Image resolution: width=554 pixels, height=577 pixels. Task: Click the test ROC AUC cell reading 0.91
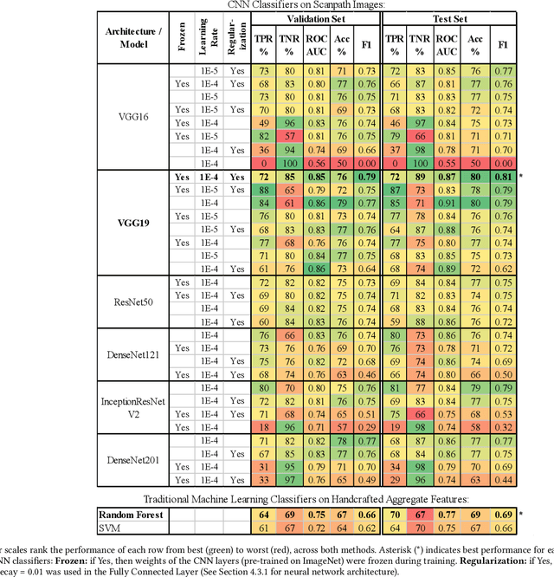[x=447, y=203]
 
